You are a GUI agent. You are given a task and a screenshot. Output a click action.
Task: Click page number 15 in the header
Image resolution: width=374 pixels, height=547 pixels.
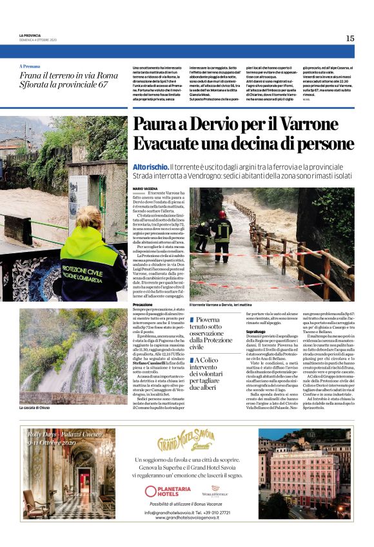pyautogui.click(x=350, y=39)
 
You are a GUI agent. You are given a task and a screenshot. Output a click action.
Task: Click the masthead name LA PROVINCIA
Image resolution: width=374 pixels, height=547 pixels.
pyautogui.click(x=30, y=35)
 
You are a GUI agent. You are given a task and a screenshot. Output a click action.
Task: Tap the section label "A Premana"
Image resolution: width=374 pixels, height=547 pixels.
pyautogui.click(x=30, y=66)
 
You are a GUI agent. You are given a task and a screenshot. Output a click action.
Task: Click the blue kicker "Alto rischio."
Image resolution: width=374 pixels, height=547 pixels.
pyautogui.click(x=150, y=166)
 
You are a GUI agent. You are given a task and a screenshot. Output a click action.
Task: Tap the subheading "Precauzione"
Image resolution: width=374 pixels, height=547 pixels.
pyautogui.click(x=143, y=304)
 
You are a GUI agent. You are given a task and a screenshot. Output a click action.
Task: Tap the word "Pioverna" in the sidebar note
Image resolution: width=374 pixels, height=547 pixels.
pyautogui.click(x=208, y=320)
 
